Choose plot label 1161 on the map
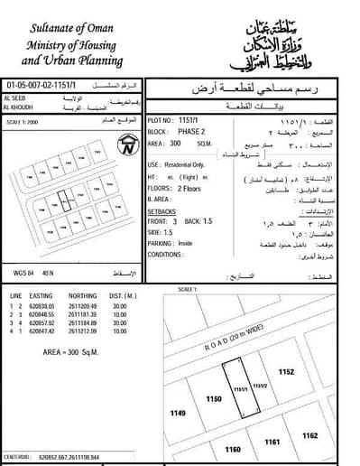pyautogui.click(x=272, y=442)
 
